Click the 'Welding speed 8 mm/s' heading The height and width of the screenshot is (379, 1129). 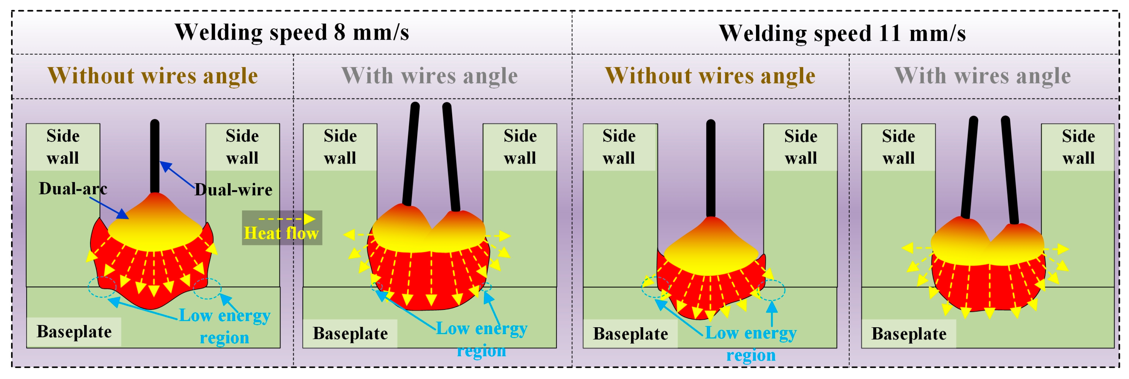(x=291, y=32)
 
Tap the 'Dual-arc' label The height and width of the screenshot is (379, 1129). (x=73, y=189)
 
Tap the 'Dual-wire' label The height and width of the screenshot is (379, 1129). (x=233, y=189)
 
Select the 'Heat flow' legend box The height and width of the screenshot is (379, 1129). (x=282, y=227)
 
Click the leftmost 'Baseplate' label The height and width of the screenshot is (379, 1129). (x=74, y=332)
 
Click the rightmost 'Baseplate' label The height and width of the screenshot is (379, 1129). (x=909, y=334)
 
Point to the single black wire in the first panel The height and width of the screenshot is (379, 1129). (x=154, y=156)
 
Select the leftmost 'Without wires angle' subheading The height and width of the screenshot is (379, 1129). (x=153, y=75)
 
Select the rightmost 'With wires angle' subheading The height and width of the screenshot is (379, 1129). (x=982, y=75)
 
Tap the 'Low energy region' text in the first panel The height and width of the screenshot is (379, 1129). (x=224, y=326)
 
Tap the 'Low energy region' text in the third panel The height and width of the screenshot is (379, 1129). (x=750, y=344)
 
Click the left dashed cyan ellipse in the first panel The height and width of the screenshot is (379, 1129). (x=102, y=287)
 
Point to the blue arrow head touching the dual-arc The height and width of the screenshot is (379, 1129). (x=123, y=215)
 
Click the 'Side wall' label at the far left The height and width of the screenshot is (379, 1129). (x=63, y=147)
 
